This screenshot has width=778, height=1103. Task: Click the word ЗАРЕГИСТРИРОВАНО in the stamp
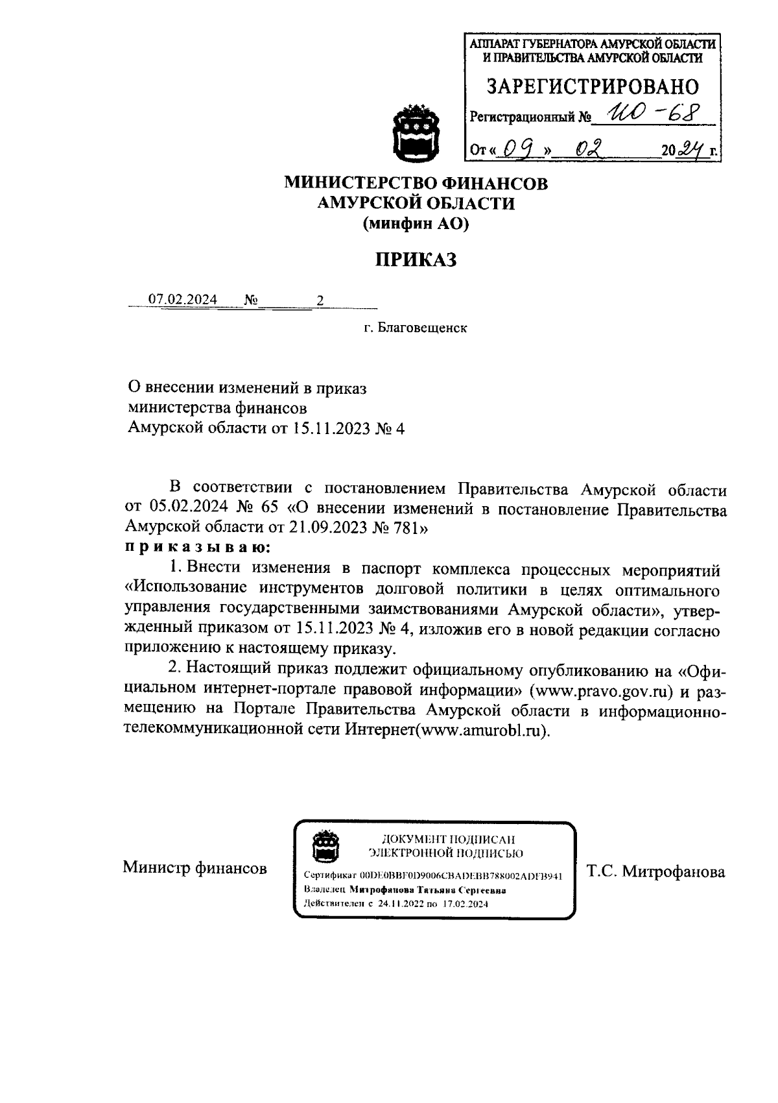click(x=593, y=87)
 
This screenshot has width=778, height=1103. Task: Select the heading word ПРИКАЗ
click(x=416, y=260)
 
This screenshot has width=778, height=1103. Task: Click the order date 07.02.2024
click(x=183, y=300)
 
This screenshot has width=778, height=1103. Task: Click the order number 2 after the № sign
click(x=319, y=300)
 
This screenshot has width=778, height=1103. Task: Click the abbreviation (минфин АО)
click(x=416, y=224)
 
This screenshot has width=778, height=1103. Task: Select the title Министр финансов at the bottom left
click(x=195, y=868)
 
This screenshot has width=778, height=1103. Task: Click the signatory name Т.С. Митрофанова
click(x=655, y=872)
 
